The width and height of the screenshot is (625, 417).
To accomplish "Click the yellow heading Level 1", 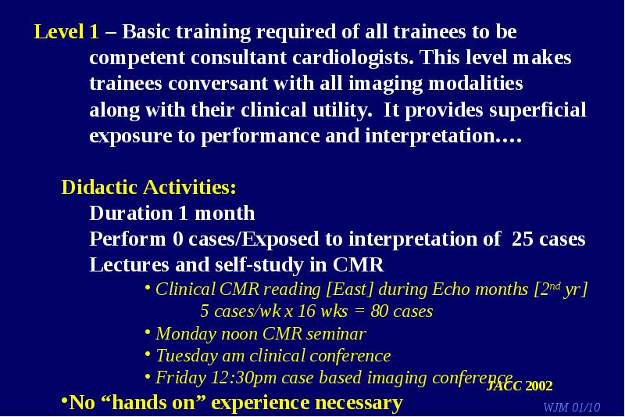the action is pyautogui.click(x=66, y=31).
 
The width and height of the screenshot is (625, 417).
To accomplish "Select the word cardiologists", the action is pyautogui.click(x=353, y=58).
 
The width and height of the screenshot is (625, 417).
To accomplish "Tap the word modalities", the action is pyautogui.click(x=475, y=84).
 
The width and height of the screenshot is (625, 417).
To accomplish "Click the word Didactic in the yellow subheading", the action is pyautogui.click(x=100, y=187).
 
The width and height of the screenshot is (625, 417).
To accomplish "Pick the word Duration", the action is pyautogui.click(x=131, y=213).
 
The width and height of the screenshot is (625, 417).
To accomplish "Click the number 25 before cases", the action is pyautogui.click(x=522, y=239).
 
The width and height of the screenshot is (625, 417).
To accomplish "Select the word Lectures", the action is pyautogui.click(x=129, y=264).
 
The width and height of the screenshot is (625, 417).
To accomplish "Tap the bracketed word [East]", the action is pyautogui.click(x=349, y=289).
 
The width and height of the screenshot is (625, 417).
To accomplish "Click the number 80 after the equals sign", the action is pyautogui.click(x=379, y=311).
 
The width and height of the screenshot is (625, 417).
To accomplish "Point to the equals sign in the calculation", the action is pyautogui.click(x=359, y=311).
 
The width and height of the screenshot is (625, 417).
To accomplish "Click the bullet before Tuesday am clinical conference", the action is pyautogui.click(x=148, y=354).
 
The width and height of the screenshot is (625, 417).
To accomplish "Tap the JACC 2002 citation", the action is pyautogui.click(x=520, y=386).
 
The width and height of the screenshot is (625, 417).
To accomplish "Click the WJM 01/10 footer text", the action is pyautogui.click(x=572, y=407).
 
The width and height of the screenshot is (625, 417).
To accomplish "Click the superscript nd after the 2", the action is pyautogui.click(x=555, y=286).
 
